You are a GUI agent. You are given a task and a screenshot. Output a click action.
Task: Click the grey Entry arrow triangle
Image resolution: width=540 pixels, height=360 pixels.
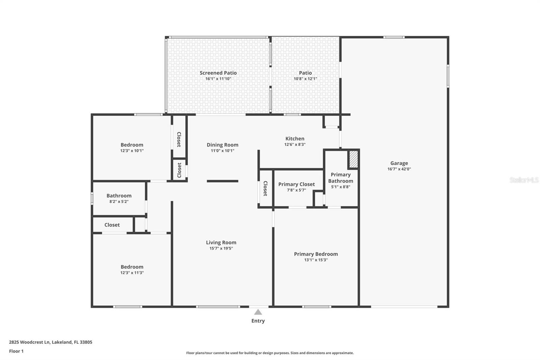click(x=258, y=312)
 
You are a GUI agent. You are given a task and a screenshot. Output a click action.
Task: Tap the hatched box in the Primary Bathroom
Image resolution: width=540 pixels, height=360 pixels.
click(x=354, y=159)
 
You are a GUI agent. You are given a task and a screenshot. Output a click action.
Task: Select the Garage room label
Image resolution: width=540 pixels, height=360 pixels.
click(x=399, y=163)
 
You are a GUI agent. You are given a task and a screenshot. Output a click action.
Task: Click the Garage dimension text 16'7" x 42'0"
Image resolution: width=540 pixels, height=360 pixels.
click(x=399, y=169)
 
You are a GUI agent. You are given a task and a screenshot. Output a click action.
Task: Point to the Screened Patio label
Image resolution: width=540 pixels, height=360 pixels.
click(x=218, y=73)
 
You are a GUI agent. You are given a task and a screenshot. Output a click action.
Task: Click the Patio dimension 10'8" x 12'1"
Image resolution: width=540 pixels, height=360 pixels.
click(x=305, y=79)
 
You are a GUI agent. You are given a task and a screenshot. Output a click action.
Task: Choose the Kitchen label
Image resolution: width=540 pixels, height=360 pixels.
click(x=295, y=139)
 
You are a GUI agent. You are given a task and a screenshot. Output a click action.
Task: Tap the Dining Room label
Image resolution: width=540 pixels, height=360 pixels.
click(x=222, y=145)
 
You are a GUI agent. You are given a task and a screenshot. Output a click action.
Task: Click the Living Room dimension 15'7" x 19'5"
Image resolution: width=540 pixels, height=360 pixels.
click(x=221, y=249)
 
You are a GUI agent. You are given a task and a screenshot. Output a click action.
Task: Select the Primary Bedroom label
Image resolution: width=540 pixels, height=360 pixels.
click(x=316, y=254)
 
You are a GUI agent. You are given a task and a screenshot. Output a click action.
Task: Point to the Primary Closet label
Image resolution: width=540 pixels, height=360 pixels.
click(x=297, y=184)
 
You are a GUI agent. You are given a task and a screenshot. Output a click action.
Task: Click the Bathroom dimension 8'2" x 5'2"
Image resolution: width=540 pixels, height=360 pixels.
click(x=119, y=202)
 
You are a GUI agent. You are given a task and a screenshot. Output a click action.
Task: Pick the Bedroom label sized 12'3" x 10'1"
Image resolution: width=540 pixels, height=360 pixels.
click(x=132, y=145)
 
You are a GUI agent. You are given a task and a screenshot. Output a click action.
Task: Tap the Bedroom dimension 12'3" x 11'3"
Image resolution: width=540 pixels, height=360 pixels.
click(x=132, y=273)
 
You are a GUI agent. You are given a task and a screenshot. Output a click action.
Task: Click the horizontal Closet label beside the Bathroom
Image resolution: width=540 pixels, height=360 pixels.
click(x=112, y=225)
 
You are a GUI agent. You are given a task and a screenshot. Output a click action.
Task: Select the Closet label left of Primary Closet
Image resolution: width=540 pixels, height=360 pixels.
click(x=265, y=188)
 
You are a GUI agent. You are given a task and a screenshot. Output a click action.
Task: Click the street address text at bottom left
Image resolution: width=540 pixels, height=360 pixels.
click(x=51, y=342)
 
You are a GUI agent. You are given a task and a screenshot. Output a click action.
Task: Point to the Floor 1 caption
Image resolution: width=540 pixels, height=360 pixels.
click(x=17, y=351)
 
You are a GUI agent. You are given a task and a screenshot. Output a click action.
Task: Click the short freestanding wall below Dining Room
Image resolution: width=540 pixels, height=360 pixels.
click(x=222, y=181)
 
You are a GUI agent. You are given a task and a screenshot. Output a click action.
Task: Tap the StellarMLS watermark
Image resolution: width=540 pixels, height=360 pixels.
click(x=524, y=180)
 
